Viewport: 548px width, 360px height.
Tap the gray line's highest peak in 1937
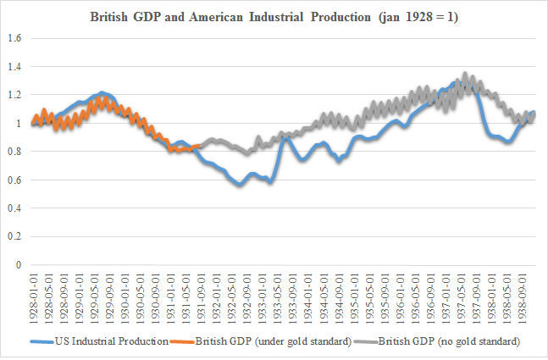click(465, 75)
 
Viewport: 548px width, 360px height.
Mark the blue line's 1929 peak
click(102, 92)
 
